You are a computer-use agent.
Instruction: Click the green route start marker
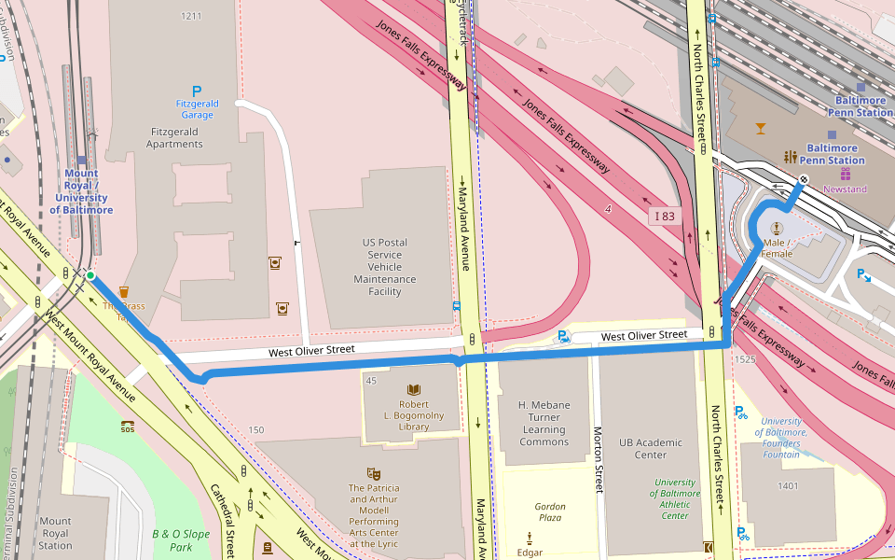(x=90, y=275)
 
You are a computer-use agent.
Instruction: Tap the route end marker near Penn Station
(x=803, y=179)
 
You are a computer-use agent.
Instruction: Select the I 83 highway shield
(x=664, y=217)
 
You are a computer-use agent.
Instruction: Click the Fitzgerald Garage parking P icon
(x=197, y=91)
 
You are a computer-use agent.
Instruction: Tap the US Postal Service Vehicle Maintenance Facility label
(x=384, y=267)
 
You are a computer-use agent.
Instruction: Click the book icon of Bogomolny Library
(x=414, y=389)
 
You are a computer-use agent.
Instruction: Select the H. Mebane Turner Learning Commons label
(x=544, y=424)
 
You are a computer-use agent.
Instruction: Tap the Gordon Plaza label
(x=550, y=511)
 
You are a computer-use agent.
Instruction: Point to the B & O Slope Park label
(x=181, y=540)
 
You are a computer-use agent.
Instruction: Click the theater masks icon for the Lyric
(x=374, y=474)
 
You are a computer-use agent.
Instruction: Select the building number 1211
(x=191, y=16)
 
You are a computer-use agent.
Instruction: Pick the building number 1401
(x=788, y=485)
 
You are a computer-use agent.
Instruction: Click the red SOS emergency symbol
(x=128, y=427)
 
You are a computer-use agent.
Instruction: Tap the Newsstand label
(x=845, y=189)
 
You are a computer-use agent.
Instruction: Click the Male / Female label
(x=777, y=248)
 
